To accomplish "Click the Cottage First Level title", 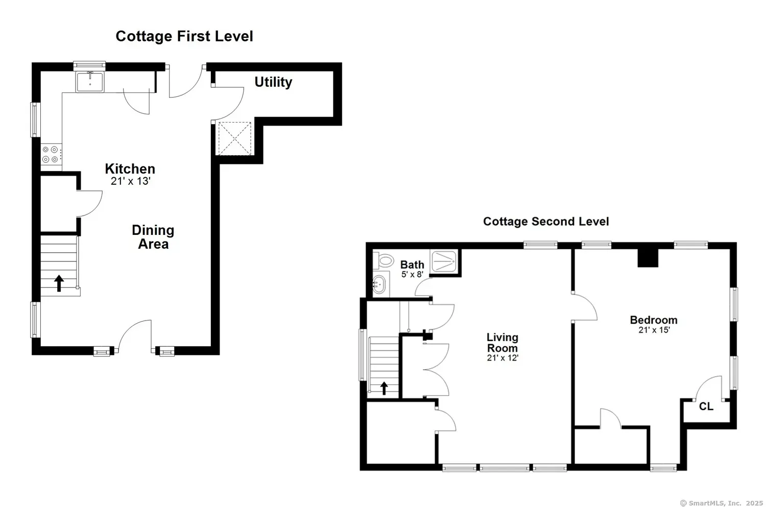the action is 184,36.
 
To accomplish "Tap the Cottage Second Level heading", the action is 546,222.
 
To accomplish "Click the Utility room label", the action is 273,82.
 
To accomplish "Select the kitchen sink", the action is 90,82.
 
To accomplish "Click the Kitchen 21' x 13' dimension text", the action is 131,181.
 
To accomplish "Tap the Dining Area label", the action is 153,237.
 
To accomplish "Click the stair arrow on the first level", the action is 59,283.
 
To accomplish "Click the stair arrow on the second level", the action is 384,389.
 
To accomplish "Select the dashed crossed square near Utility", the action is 234,138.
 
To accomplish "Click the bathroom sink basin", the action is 379,283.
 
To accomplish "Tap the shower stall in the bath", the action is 444,261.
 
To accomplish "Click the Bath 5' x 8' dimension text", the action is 413,274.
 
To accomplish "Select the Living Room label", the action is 502,343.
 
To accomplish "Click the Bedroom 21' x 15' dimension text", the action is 654,330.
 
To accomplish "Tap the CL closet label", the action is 706,406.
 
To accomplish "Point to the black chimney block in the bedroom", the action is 648,258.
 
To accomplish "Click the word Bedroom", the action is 654,320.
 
